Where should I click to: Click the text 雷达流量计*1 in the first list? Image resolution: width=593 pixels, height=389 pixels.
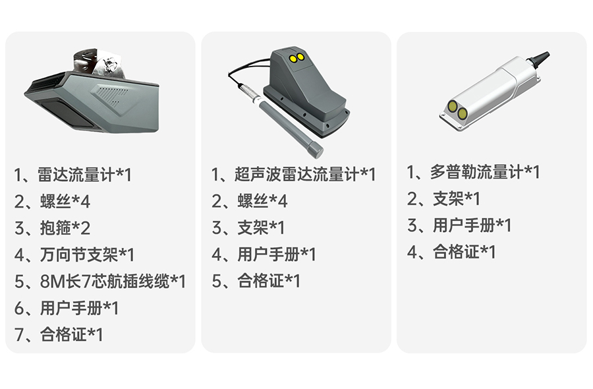(84, 175)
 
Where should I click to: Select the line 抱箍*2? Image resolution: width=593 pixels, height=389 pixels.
(65, 228)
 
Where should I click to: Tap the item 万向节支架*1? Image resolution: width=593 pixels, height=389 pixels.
(87, 254)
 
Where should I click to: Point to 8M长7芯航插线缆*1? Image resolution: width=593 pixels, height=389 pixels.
(113, 282)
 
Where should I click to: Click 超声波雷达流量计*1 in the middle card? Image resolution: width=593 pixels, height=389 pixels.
(305, 175)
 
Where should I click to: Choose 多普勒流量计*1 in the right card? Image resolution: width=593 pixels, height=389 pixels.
(485, 172)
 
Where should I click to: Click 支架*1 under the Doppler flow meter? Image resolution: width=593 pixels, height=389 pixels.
(457, 198)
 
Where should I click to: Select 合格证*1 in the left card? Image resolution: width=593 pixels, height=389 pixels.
(71, 334)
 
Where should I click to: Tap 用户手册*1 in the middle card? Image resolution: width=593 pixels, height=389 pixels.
(277, 254)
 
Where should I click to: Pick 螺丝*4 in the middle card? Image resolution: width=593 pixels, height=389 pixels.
(262, 201)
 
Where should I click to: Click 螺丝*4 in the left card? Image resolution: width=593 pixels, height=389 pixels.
(65, 201)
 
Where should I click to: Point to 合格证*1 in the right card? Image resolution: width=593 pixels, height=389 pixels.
(464, 252)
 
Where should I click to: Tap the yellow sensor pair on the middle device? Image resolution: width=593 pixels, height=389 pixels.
(296, 57)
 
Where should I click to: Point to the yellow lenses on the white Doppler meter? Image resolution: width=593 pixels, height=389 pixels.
(457, 109)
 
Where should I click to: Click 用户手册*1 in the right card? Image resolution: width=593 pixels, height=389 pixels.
(472, 225)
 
